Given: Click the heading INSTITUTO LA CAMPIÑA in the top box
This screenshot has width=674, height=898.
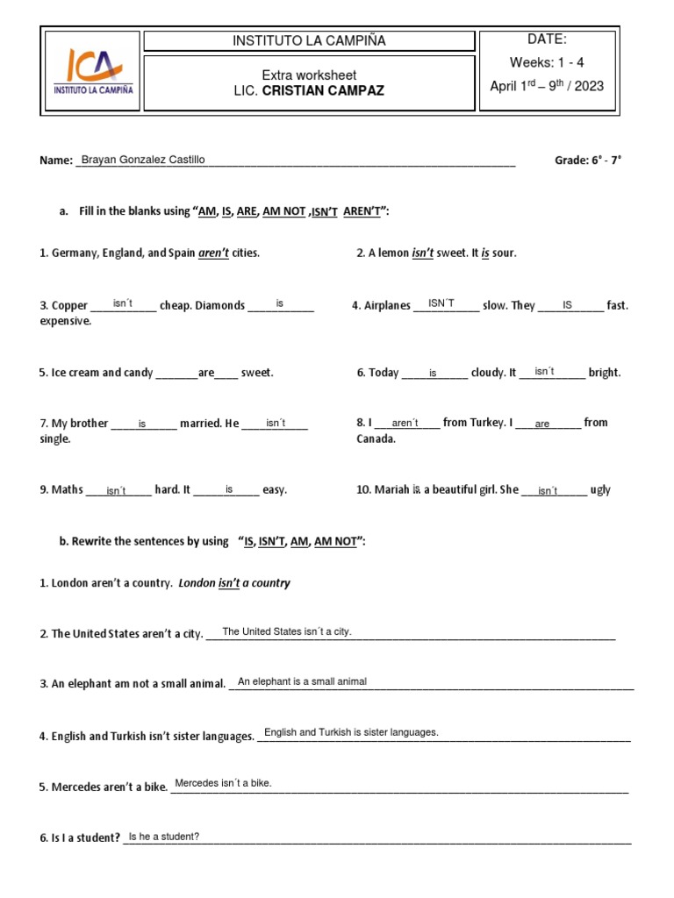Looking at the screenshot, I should pos(308,41).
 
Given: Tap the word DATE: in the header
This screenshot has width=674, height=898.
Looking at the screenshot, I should pos(547,39).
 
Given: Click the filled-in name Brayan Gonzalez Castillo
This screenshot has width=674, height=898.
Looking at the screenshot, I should pos(143,160).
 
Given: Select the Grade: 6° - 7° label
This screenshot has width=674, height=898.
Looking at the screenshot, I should pos(588,160).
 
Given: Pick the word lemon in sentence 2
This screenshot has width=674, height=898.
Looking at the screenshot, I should pos(392,253).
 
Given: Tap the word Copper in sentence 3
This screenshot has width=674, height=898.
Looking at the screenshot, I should pos(69,306).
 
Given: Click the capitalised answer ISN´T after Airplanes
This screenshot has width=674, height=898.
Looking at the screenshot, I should pos(441,303).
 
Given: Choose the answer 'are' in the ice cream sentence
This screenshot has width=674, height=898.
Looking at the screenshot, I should pos(206,373).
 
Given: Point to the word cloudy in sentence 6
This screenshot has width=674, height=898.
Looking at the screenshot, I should pos(488,373).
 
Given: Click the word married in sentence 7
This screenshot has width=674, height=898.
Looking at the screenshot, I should pos(199,424).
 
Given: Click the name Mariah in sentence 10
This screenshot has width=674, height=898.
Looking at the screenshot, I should pos(392,490).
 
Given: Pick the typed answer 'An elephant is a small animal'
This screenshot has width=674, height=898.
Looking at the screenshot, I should pos(302,681).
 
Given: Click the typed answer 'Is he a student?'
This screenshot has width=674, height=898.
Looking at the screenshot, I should pos(164,837).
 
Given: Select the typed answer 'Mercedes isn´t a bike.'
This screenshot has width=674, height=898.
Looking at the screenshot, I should pos(224,783).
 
